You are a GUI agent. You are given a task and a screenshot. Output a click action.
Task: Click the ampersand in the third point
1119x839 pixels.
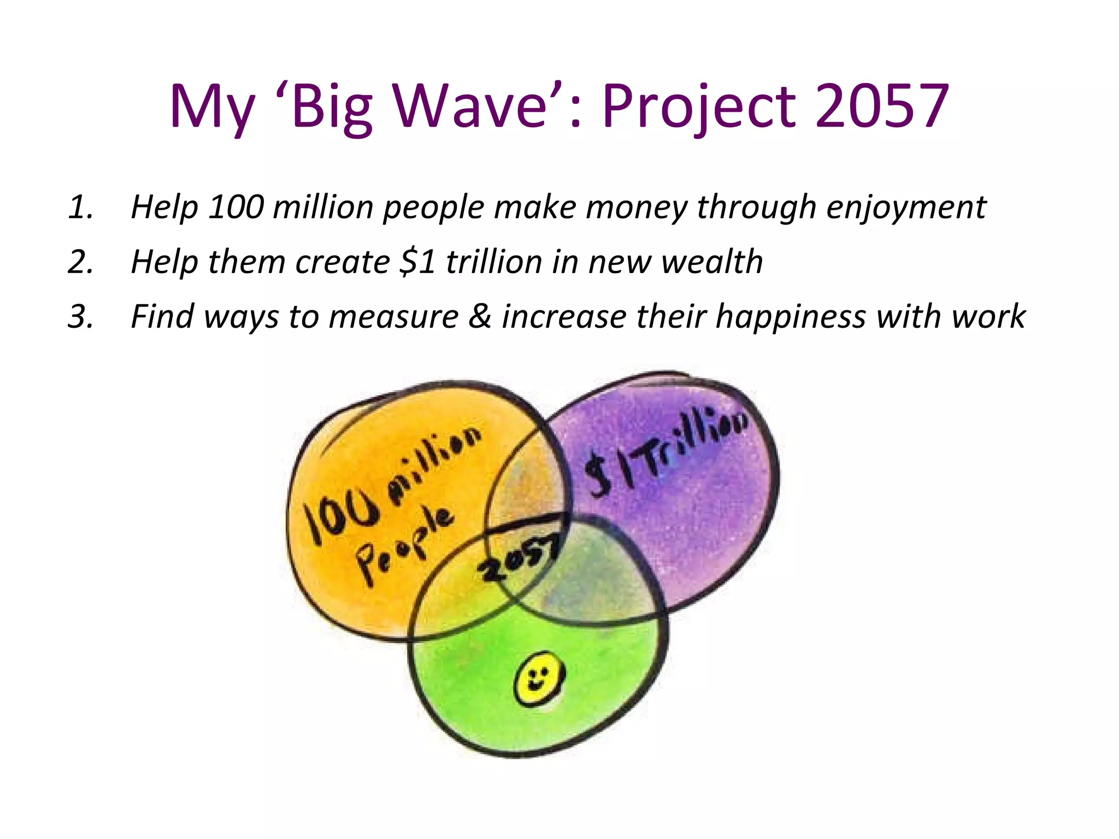(x=480, y=317)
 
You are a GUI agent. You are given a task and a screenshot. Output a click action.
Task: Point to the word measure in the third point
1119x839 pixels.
(x=393, y=317)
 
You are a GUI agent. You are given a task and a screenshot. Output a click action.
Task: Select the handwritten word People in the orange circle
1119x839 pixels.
(x=404, y=546)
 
